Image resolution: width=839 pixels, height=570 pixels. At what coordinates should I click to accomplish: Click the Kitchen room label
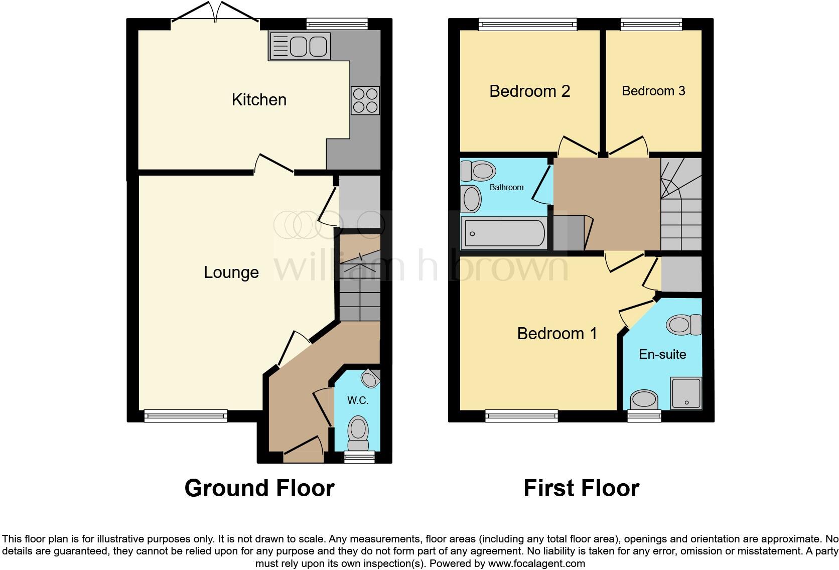pyautogui.click(x=259, y=100)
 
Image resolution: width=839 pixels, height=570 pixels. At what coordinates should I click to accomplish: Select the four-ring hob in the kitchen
pyautogui.click(x=365, y=100)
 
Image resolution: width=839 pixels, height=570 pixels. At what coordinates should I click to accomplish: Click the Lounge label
pyautogui.click(x=231, y=272)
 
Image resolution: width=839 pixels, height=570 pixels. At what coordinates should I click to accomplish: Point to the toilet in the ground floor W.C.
pyautogui.click(x=358, y=433)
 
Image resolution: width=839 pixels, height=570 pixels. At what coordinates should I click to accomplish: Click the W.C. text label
pyautogui.click(x=358, y=400)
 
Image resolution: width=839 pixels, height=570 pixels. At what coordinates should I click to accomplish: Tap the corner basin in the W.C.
pyautogui.click(x=370, y=379)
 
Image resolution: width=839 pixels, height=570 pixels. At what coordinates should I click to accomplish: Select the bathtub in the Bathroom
pyautogui.click(x=505, y=233)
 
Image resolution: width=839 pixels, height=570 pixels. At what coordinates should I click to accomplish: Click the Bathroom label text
pyautogui.click(x=506, y=187)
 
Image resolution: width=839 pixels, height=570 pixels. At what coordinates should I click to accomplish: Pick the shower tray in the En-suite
pyautogui.click(x=686, y=393)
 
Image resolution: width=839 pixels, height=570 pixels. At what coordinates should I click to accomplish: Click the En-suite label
pyautogui.click(x=662, y=354)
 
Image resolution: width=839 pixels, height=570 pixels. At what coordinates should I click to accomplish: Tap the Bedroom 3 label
pyautogui.click(x=653, y=91)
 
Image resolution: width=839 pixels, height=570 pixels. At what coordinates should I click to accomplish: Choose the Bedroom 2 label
pyautogui.click(x=529, y=91)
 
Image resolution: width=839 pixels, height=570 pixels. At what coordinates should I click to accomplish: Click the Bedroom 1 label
pyautogui.click(x=557, y=334)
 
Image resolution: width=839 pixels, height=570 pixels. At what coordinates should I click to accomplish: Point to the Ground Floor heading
pyautogui.click(x=259, y=488)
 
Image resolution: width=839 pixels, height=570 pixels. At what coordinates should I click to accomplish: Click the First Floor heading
pyautogui.click(x=581, y=488)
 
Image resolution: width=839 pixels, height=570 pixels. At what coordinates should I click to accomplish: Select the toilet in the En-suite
pyautogui.click(x=683, y=325)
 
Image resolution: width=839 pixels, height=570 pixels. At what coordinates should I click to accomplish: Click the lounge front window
pyautogui.click(x=186, y=415)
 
